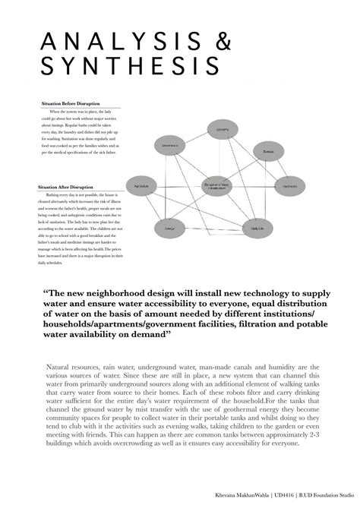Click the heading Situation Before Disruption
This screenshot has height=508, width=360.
69,103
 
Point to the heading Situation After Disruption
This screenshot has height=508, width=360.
67,187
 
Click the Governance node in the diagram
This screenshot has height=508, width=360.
169,145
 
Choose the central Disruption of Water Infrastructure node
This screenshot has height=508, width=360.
218,186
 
